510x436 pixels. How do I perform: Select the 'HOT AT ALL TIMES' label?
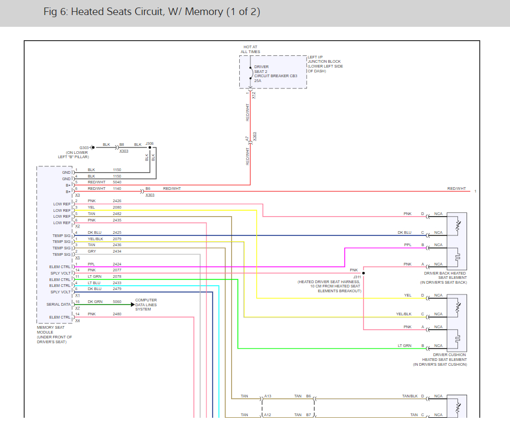(x=250, y=49)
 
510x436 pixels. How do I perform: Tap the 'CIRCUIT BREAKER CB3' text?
(x=276, y=76)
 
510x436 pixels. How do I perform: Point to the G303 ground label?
(x=84, y=147)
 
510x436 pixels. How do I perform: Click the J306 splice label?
(x=150, y=144)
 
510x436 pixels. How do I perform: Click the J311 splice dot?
(x=363, y=274)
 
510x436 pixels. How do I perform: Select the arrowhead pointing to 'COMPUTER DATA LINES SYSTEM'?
(x=132, y=305)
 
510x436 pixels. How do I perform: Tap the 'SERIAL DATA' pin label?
(x=58, y=305)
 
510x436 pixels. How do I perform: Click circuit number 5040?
(x=117, y=182)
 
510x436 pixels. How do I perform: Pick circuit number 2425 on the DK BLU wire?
(x=117, y=233)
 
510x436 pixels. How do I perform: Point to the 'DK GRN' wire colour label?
(x=95, y=302)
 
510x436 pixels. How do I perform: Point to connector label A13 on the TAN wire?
(x=268, y=396)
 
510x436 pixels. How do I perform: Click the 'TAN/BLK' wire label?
(x=410, y=396)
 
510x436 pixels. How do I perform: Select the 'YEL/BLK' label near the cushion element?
(x=404, y=314)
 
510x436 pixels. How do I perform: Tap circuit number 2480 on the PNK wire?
(x=117, y=314)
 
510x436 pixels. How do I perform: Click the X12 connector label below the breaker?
(x=254, y=95)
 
